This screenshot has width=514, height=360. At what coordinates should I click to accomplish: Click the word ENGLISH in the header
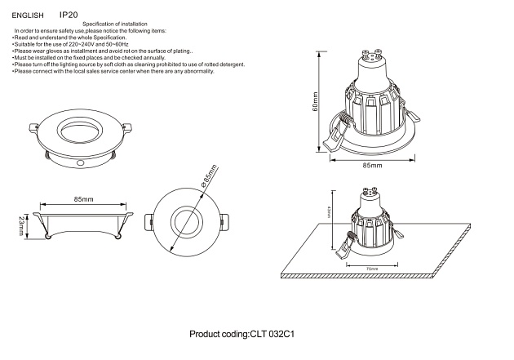28,16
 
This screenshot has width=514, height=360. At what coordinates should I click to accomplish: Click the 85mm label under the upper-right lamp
371,165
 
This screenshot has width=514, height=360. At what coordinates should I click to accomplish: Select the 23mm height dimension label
22,226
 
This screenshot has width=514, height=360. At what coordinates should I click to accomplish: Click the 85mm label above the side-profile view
82,199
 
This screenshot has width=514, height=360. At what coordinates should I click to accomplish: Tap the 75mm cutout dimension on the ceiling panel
371,269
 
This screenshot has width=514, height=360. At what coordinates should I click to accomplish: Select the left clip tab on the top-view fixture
150,222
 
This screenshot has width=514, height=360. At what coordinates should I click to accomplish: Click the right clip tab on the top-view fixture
222,222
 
